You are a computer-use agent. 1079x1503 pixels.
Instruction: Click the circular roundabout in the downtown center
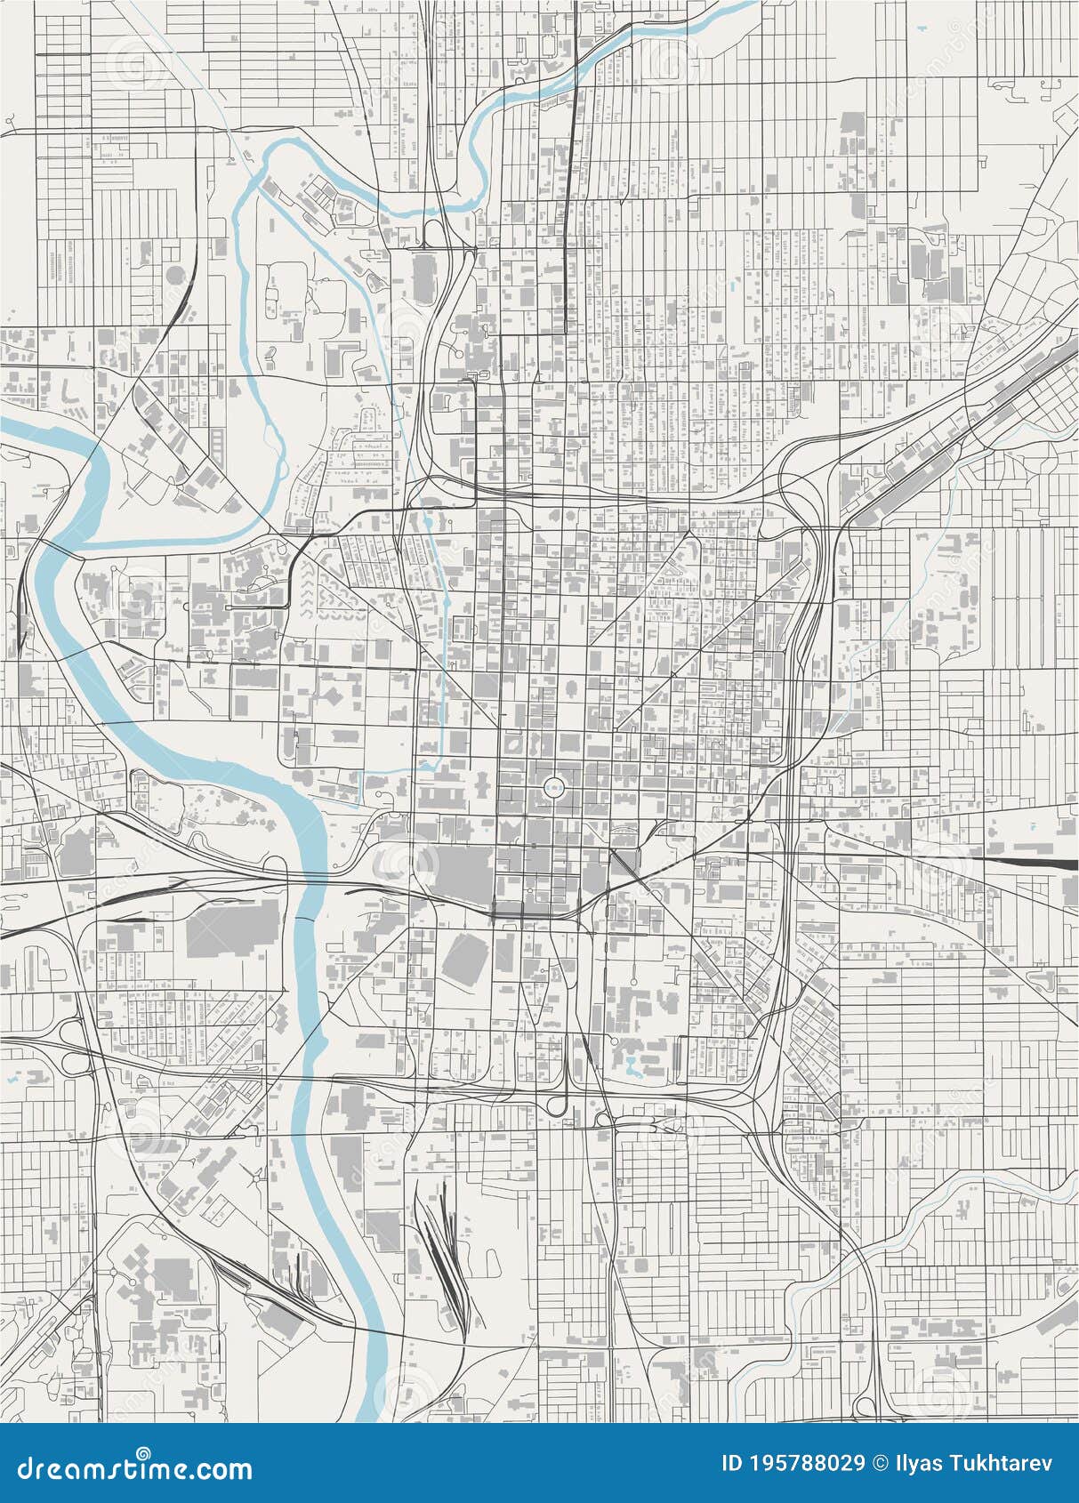click(553, 786)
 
